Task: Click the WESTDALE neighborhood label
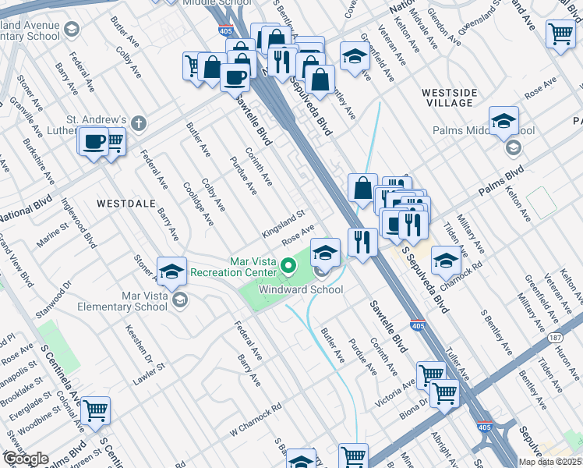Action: click(122, 203)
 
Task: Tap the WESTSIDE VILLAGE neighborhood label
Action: click(448, 97)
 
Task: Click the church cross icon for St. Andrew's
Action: click(139, 122)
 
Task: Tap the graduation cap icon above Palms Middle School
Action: click(503, 121)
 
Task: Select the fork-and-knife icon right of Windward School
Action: click(360, 240)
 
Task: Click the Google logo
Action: click(25, 459)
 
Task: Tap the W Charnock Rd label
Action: click(255, 420)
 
